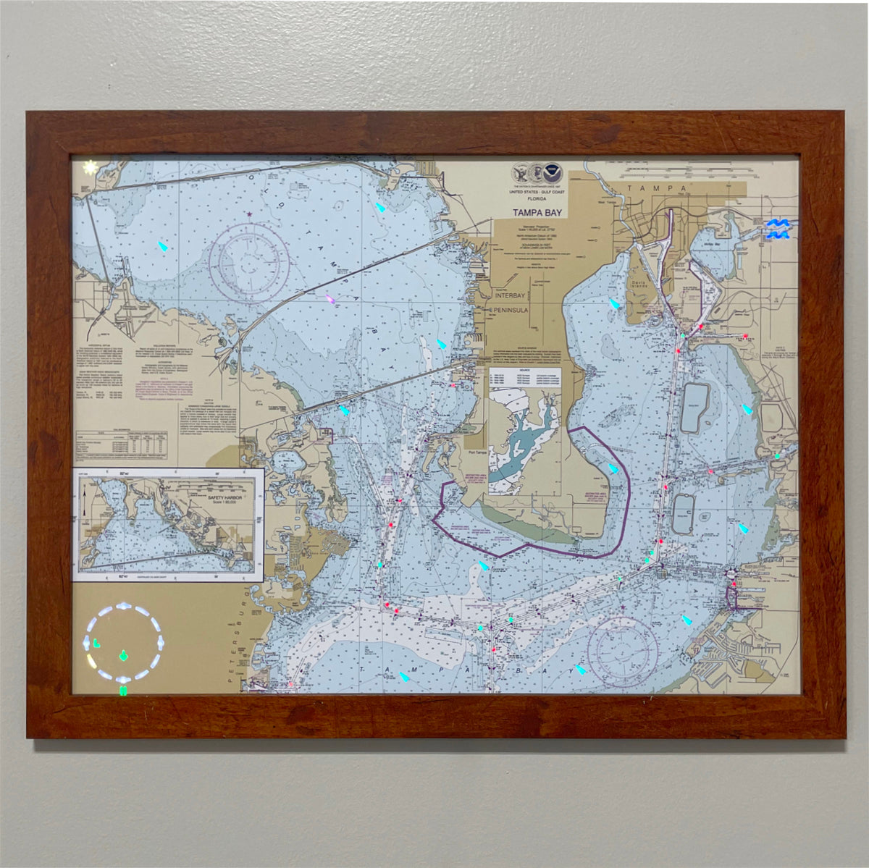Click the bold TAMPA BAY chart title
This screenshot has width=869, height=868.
[x=539, y=212]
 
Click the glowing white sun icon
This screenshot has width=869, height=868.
[x=90, y=167]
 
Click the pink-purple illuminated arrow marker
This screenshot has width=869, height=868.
[x=331, y=300]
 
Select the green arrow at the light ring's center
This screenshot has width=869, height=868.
[x=123, y=657]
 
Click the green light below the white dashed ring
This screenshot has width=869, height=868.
[x=123, y=691]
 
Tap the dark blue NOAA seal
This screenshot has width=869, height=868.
[x=553, y=172]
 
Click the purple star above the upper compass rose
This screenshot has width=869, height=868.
[x=250, y=214]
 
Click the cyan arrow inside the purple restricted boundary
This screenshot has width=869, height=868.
[x=613, y=468]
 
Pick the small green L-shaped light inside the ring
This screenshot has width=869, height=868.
[x=96, y=641]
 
